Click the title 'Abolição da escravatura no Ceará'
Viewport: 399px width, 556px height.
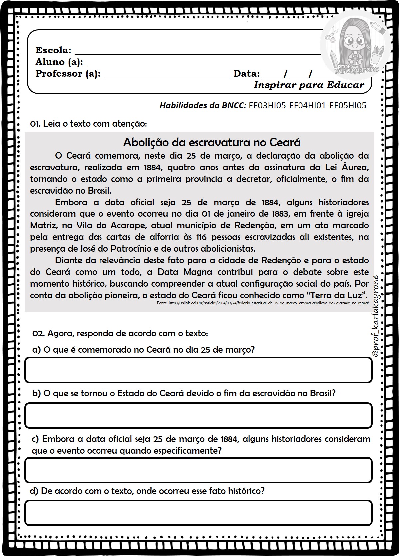[212, 142]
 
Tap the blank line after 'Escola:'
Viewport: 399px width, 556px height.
[196, 53]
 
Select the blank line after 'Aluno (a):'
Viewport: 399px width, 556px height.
[203, 64]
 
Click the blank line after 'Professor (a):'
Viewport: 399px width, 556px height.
[166, 76]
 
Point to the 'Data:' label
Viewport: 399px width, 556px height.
[246, 74]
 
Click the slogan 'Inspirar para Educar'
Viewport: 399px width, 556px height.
[309, 85]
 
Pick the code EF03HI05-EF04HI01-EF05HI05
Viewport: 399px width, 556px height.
[307, 106]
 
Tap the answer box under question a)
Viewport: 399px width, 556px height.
[198, 370]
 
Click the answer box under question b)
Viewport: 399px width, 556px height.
[198, 415]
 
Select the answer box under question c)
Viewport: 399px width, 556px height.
[198, 470]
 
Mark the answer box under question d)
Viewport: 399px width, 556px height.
[198, 512]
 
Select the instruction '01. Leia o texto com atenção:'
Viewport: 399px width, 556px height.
[89, 124]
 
